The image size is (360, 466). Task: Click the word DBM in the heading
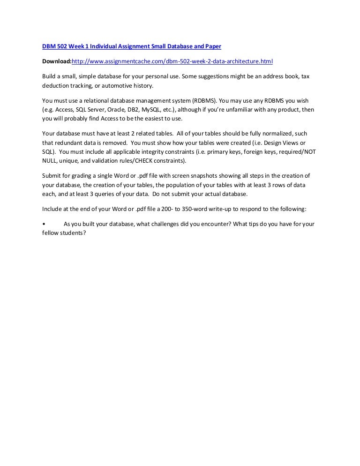[x=49, y=47]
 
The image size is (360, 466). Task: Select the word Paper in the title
[x=212, y=47]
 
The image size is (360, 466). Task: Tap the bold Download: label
[x=57, y=61]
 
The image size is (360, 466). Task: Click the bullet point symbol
[x=44, y=224]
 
